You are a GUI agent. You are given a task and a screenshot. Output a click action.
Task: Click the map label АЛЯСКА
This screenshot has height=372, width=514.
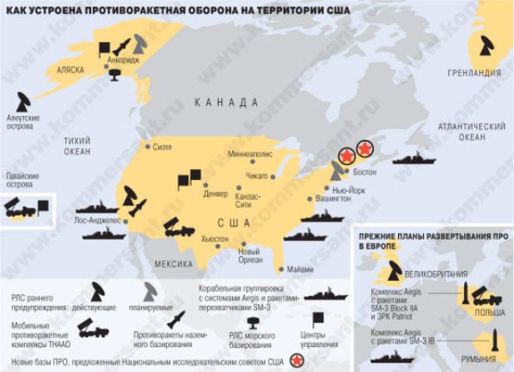coord(69,70)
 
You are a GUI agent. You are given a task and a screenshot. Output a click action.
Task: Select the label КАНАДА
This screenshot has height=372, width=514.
coord(227,102)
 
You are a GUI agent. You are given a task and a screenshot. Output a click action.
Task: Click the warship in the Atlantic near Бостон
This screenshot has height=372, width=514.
coord(414,160)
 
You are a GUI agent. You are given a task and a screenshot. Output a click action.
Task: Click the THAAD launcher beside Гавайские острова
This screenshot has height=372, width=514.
coord(19,208)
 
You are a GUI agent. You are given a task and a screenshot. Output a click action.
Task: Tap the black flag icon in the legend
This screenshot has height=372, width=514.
coord(318,320)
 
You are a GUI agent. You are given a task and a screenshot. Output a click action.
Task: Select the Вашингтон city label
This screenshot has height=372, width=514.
coord(333,198)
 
